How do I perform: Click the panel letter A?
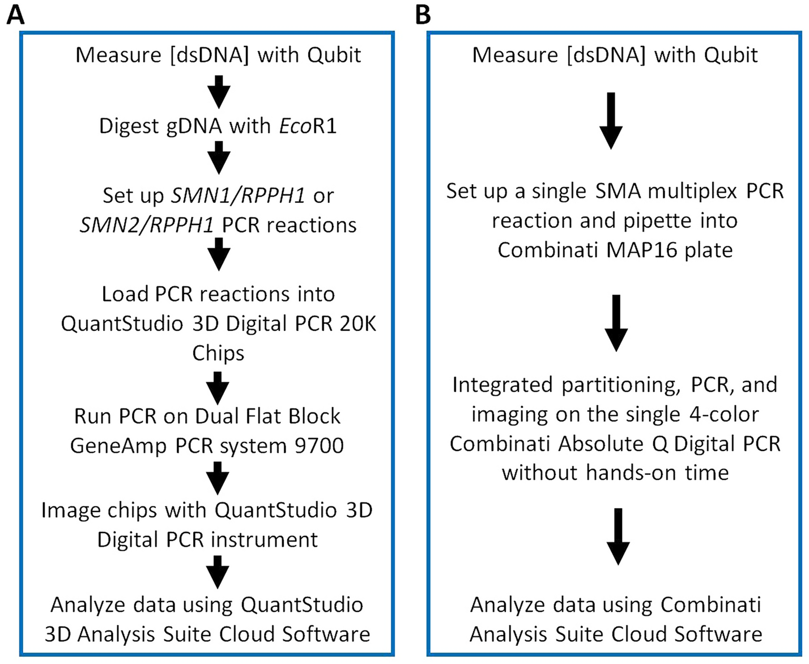(15, 15)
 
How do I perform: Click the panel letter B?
(423, 15)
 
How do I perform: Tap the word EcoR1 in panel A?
(308, 125)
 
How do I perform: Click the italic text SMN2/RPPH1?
(147, 225)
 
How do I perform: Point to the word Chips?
(218, 353)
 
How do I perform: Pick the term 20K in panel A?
(359, 324)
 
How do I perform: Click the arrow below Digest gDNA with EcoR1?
(219, 157)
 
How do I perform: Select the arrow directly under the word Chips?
(218, 387)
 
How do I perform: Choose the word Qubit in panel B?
(731, 55)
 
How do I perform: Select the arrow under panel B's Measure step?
(611, 120)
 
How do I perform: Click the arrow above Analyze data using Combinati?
(618, 535)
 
